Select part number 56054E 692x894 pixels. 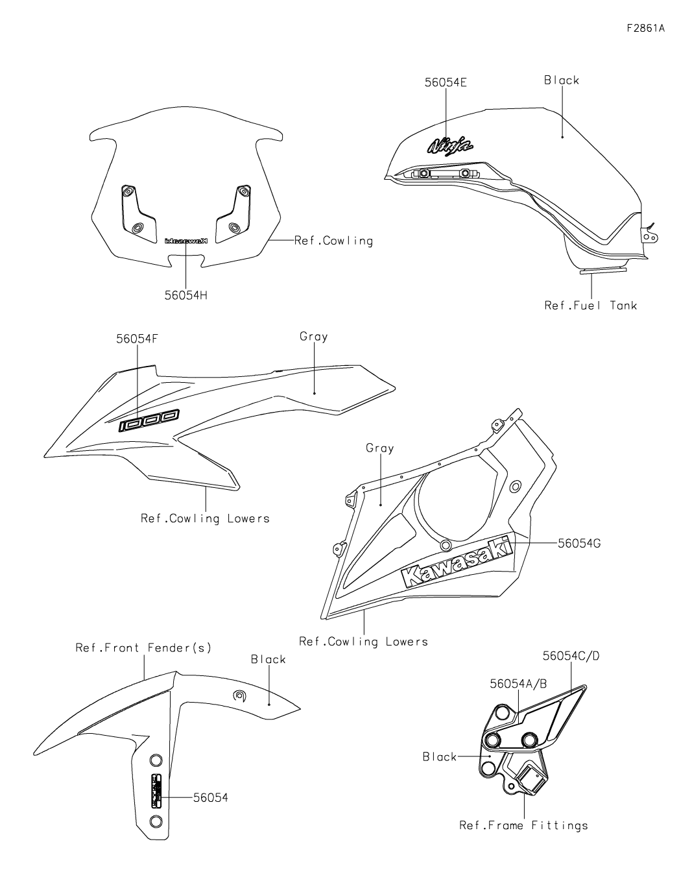446,82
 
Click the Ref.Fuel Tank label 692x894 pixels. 590,305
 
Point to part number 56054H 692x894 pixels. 185,295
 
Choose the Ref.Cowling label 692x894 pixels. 333,241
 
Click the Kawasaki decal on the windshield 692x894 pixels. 185,240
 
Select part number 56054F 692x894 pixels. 137,339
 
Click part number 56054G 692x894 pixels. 579,543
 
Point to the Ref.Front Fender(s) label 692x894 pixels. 143,647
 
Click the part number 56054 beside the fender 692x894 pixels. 210,797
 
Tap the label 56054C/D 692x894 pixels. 571,656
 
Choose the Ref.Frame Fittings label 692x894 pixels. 523,825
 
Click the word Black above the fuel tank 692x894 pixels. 561,80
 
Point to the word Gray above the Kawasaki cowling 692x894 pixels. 379,448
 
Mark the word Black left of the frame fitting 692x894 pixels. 440,756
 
